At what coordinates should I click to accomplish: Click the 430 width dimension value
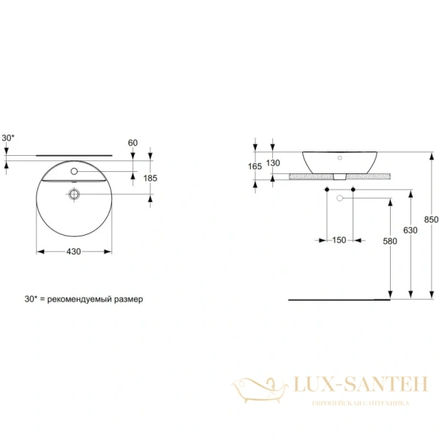[x=73, y=251]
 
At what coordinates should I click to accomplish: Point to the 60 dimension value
[x=132, y=143]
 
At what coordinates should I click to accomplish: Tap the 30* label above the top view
[x=8, y=138]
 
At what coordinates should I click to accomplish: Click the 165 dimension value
[x=255, y=167]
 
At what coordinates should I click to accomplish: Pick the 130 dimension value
[x=274, y=162]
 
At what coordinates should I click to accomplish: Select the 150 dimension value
[x=337, y=240]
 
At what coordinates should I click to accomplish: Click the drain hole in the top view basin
[x=74, y=195]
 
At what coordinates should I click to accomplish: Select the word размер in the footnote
[x=130, y=299]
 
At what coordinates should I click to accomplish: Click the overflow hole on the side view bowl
[x=341, y=157]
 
